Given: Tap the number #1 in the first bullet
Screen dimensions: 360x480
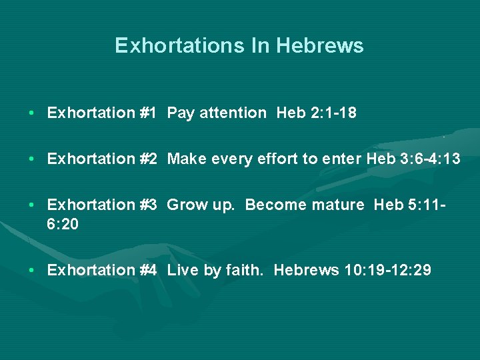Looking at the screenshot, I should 148,113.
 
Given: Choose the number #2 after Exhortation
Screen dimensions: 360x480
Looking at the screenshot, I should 148,159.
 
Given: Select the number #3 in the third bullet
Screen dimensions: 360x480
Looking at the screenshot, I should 148,205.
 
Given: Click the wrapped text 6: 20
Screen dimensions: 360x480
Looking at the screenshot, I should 63,225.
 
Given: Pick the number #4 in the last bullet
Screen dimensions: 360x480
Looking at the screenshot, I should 148,270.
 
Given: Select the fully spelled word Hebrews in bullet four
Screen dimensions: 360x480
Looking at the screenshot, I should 306,270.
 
